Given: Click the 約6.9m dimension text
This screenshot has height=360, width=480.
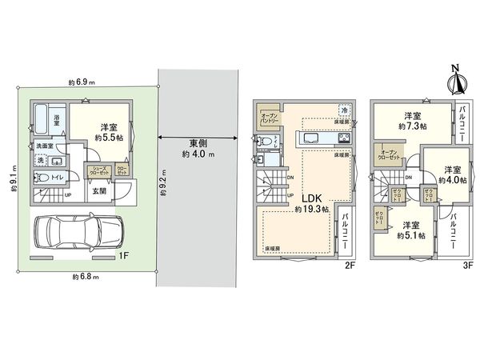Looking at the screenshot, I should click(x=82, y=82).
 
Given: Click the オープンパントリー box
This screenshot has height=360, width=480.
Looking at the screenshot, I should click(x=268, y=118).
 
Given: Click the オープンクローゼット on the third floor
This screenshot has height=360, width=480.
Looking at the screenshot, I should click(x=390, y=155).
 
